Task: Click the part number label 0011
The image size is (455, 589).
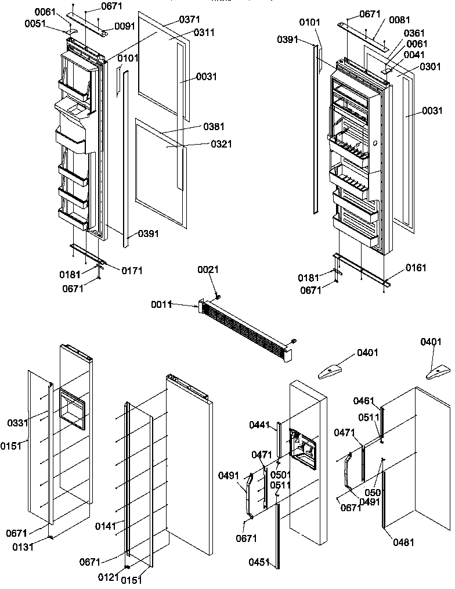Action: (x=162, y=304)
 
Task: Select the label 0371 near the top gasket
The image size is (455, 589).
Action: (x=189, y=20)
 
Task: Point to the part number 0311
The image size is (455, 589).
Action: (x=204, y=33)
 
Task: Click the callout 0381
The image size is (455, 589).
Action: (x=214, y=127)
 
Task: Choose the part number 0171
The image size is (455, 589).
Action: (x=132, y=270)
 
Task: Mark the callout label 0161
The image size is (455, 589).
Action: (x=416, y=268)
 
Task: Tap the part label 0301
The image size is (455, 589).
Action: (x=414, y=66)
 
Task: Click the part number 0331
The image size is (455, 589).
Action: (x=17, y=423)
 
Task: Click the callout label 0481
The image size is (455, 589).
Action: (x=403, y=543)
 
